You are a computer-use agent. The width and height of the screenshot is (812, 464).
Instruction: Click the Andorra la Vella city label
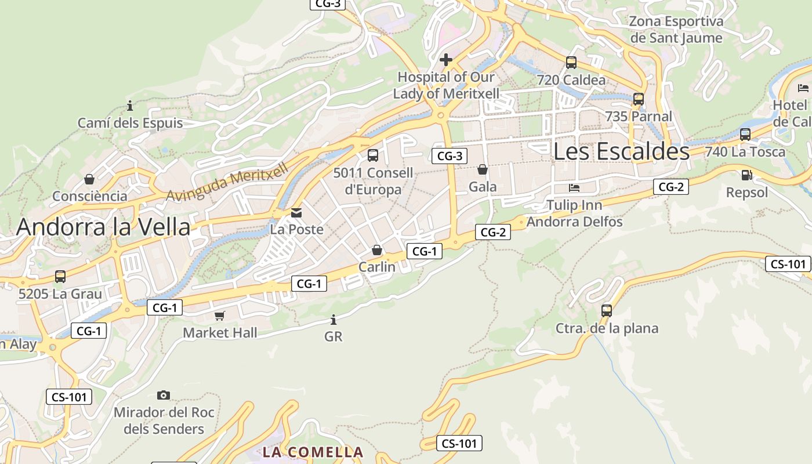click(103, 227)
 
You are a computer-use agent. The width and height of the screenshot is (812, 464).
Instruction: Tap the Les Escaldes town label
click(621, 151)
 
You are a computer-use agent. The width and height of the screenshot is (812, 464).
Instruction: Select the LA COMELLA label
click(313, 452)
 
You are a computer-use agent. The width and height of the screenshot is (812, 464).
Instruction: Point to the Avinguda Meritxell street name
click(227, 182)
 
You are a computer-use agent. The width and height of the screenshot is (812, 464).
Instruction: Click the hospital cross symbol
click(446, 60)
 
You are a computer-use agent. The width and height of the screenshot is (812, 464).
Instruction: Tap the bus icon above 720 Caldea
click(571, 63)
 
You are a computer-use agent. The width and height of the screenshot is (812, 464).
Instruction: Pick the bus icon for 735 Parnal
click(639, 99)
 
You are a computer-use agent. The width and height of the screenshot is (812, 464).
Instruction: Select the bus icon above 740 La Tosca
click(745, 135)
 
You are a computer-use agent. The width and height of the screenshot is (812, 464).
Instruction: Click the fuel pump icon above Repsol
click(747, 175)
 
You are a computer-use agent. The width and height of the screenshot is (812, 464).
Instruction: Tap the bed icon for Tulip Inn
click(574, 188)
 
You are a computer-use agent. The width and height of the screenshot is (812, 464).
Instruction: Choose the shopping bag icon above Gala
click(482, 169)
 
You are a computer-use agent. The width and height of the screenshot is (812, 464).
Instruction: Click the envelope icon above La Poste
click(296, 212)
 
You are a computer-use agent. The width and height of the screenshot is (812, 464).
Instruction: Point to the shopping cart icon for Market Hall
click(219, 316)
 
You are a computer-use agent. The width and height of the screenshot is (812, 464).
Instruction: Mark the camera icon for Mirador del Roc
click(164, 396)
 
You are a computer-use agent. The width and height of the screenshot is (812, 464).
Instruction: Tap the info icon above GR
click(333, 320)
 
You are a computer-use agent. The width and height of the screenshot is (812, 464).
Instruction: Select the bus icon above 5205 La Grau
click(60, 277)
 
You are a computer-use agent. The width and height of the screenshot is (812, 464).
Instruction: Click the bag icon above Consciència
click(89, 179)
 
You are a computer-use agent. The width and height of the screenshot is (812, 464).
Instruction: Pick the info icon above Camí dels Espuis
click(130, 106)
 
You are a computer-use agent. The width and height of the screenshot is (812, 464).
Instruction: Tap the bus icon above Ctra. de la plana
click(607, 311)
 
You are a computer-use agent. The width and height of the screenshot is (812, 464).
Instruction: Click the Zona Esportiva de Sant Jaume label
click(676, 30)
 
